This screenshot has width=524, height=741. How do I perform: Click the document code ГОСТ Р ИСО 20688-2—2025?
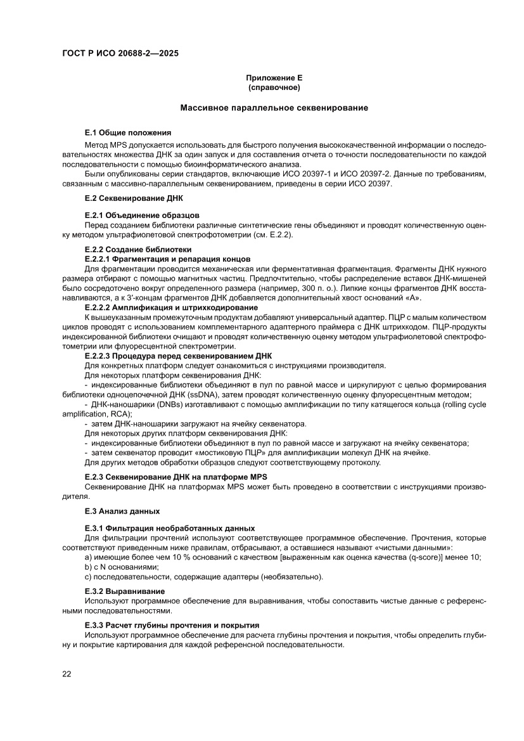pos(120,54)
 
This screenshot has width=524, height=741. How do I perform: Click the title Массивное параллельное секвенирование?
pos(274,108)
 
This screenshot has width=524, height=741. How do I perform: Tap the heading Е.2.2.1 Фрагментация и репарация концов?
pos(167,259)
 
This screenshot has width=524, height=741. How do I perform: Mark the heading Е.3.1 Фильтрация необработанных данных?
pos(169,527)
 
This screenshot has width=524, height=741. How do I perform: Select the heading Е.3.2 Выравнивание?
pos(125,591)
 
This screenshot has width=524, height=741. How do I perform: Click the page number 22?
pos(67,674)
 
